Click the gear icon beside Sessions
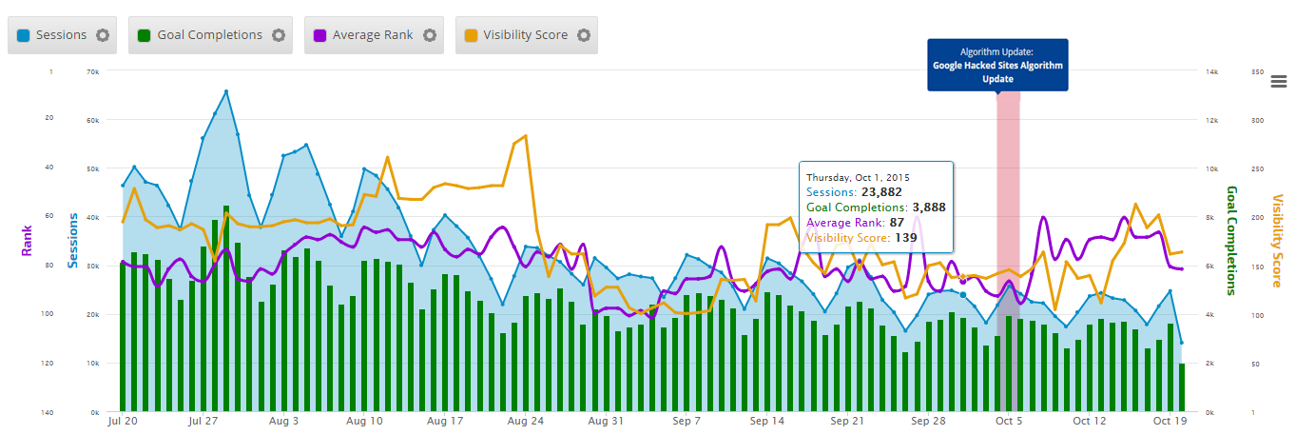[103, 35]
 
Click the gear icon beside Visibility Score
[583, 35]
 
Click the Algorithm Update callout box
[997, 65]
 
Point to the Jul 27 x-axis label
[204, 420]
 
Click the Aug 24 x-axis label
[526, 420]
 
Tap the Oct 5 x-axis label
[1008, 420]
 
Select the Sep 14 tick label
[766, 420]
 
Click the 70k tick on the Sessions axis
[93, 71]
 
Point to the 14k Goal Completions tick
[1211, 71]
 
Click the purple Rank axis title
[27, 241]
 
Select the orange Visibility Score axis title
[1277, 241]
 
